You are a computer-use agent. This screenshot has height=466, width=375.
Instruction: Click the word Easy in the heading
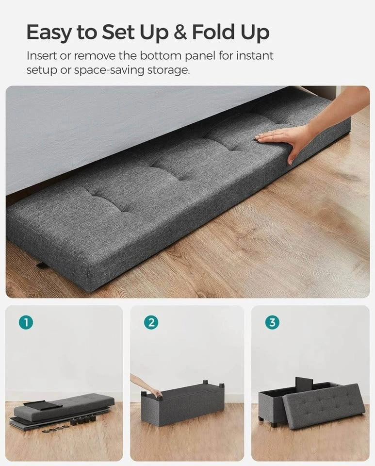click(49, 33)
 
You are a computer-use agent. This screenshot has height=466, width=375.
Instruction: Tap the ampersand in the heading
click(180, 32)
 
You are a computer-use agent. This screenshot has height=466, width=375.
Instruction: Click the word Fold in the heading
click(213, 32)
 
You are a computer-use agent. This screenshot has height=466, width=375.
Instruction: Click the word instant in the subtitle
click(255, 55)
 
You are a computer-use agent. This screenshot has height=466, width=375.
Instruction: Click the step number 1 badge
click(26, 322)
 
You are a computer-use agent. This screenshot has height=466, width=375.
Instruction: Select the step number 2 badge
click(151, 322)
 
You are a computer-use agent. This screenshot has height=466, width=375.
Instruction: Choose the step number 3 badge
click(272, 322)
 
